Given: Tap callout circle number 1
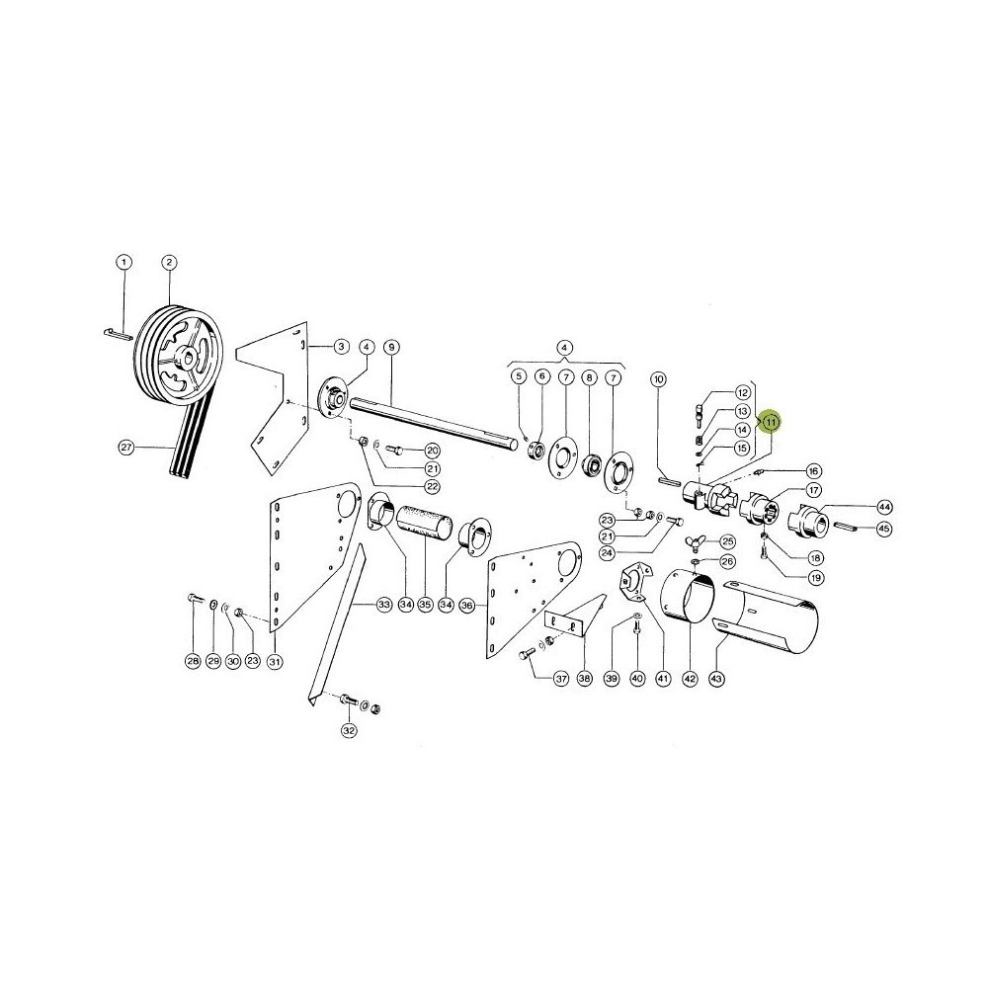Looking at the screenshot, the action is (x=123, y=262).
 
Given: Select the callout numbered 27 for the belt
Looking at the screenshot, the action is (x=126, y=448).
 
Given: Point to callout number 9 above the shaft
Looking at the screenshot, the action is (x=392, y=347).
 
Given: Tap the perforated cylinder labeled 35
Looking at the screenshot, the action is (x=425, y=521).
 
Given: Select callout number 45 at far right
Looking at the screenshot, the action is (x=884, y=528).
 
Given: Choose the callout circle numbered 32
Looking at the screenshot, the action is (x=349, y=730).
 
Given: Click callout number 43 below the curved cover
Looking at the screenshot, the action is (x=716, y=679).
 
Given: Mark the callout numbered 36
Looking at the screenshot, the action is (x=467, y=605).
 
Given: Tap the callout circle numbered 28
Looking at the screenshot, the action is (x=193, y=661).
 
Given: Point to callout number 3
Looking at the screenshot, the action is (x=341, y=347).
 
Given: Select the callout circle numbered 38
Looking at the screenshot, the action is (x=585, y=679).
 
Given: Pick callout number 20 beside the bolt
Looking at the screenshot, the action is (x=433, y=451).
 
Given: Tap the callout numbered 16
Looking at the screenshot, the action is (x=813, y=471).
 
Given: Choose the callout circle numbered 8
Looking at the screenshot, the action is (x=589, y=377).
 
